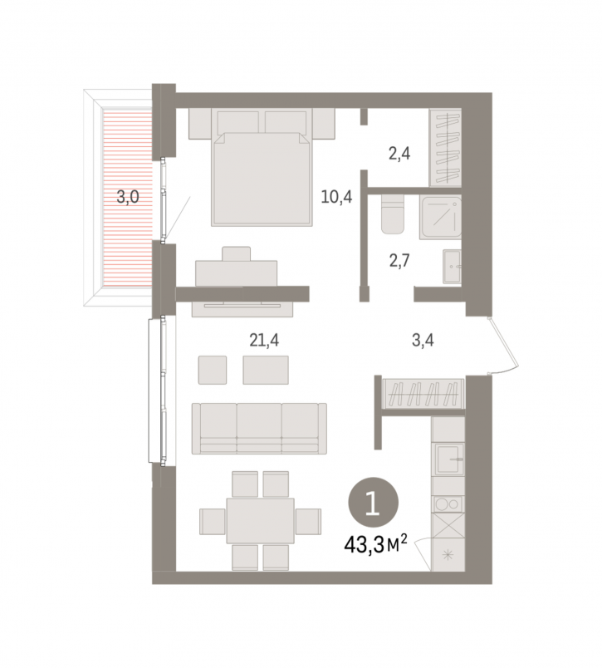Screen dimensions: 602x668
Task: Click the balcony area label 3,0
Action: pyautogui.click(x=128, y=197)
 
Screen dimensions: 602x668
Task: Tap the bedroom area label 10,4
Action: pyautogui.click(x=336, y=197)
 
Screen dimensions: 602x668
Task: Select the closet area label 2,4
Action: pyautogui.click(x=399, y=153)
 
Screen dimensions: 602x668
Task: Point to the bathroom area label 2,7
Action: pyautogui.click(x=399, y=260)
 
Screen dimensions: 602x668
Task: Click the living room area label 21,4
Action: pyautogui.click(x=264, y=340)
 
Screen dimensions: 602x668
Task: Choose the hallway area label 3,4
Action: pyautogui.click(x=423, y=340)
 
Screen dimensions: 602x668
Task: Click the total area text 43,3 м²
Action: pyautogui.click(x=375, y=545)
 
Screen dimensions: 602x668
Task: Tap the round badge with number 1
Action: pyautogui.click(x=374, y=503)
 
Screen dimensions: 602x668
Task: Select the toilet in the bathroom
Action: pyautogui.click(x=393, y=214)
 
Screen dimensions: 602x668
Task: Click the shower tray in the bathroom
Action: pyautogui.click(x=441, y=218)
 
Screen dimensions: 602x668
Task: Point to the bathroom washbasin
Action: pyautogui.click(x=452, y=267)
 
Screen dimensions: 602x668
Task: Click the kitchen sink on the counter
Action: pyautogui.click(x=448, y=459)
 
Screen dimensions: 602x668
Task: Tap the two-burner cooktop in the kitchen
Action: pyautogui.click(x=448, y=504)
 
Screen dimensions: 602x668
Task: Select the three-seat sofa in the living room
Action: pyautogui.click(x=259, y=429)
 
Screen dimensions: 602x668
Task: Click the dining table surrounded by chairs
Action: pyautogui.click(x=260, y=521)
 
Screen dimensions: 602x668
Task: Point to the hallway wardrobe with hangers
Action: pyautogui.click(x=423, y=394)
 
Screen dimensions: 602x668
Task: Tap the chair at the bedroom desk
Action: pyautogui.click(x=236, y=254)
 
